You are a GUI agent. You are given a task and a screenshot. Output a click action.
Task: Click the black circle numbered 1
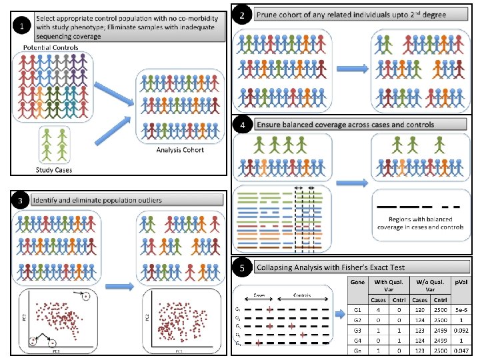click(x=24, y=27)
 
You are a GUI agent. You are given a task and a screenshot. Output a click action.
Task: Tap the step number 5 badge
click(x=243, y=268)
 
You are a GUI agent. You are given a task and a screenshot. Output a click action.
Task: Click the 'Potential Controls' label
click(x=50, y=49)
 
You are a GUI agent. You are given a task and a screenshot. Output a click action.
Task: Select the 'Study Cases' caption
click(x=53, y=170)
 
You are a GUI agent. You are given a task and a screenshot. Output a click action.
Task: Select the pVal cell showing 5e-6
click(x=459, y=310)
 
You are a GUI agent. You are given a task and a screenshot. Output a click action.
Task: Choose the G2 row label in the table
click(x=357, y=320)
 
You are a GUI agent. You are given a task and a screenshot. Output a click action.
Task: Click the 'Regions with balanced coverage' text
click(x=419, y=223)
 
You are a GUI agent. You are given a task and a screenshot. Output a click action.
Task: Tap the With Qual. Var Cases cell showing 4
click(x=378, y=310)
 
